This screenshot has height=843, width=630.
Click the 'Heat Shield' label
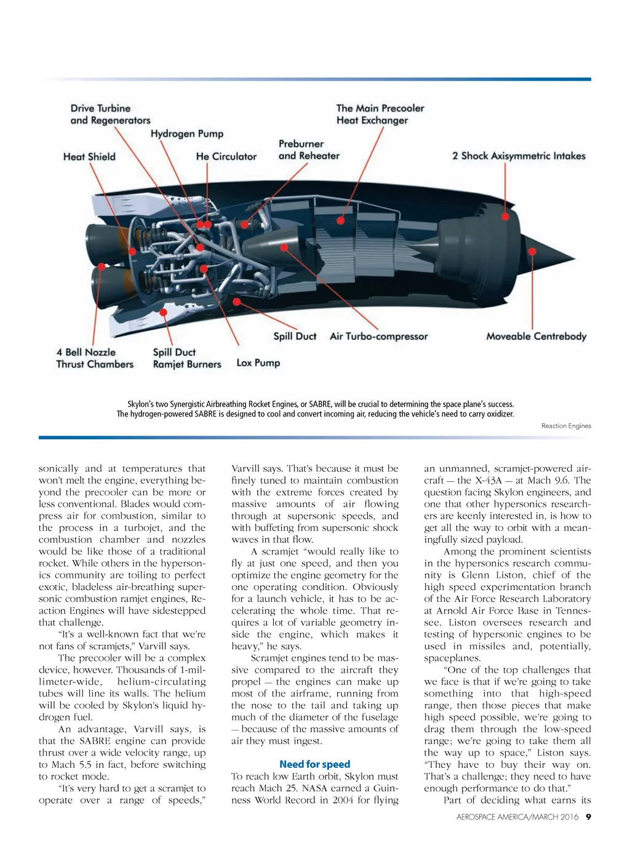click(x=89, y=156)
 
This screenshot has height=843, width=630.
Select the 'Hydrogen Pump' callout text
click(x=187, y=134)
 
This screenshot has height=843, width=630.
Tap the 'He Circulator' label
click(x=226, y=156)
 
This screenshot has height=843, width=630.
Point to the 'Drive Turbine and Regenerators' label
click(x=110, y=114)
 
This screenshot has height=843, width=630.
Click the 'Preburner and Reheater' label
click(x=309, y=150)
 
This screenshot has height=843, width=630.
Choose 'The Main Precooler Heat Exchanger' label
click(x=380, y=114)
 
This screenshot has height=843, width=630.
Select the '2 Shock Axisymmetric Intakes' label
click(x=519, y=156)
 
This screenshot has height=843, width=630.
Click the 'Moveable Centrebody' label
click(x=536, y=336)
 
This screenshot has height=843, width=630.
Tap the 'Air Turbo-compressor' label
click(x=378, y=336)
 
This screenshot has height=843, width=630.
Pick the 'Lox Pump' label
click(x=258, y=363)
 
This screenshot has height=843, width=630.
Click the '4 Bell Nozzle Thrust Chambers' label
click(x=95, y=358)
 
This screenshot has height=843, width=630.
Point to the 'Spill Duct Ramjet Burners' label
click(x=187, y=358)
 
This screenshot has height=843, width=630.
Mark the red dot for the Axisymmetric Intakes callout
click(x=505, y=217)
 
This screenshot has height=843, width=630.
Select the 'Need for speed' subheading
click(x=314, y=764)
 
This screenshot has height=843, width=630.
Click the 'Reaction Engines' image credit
click(x=566, y=426)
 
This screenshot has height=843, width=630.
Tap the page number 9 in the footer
click(x=588, y=817)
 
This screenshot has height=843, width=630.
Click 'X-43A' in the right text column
click(x=488, y=481)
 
